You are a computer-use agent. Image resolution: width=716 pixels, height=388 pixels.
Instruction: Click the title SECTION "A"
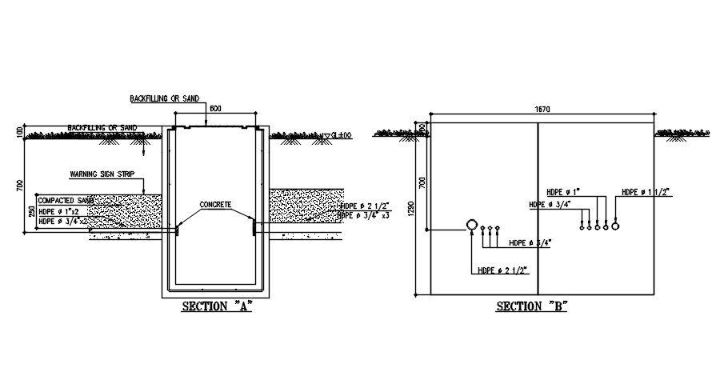click(217, 306)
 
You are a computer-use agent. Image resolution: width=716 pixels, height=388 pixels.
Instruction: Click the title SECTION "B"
click(532, 306)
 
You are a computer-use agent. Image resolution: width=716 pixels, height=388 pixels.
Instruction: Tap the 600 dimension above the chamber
click(214, 109)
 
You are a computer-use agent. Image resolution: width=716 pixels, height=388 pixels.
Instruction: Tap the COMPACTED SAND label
click(66, 200)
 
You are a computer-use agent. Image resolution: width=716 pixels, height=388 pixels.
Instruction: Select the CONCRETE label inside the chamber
click(215, 205)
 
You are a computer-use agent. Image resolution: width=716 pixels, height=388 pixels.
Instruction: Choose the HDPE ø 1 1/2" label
click(646, 192)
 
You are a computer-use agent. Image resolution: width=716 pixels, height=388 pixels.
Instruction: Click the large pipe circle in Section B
click(471, 226)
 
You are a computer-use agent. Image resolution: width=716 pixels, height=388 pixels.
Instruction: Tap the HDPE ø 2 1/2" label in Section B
click(501, 270)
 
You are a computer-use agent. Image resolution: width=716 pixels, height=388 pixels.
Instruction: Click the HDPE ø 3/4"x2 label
click(64, 221)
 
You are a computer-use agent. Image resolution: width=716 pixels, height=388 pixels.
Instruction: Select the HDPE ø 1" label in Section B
click(563, 192)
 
